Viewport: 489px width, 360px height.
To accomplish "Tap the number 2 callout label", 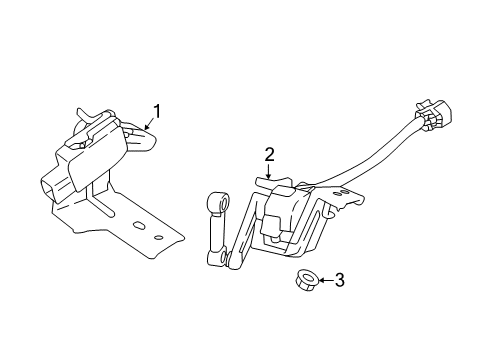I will pyautogui.click(x=269, y=154).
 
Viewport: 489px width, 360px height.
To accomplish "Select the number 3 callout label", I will pyautogui.click(x=338, y=280).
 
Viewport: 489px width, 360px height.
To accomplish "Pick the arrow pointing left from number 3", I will pyautogui.click(x=322, y=280).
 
